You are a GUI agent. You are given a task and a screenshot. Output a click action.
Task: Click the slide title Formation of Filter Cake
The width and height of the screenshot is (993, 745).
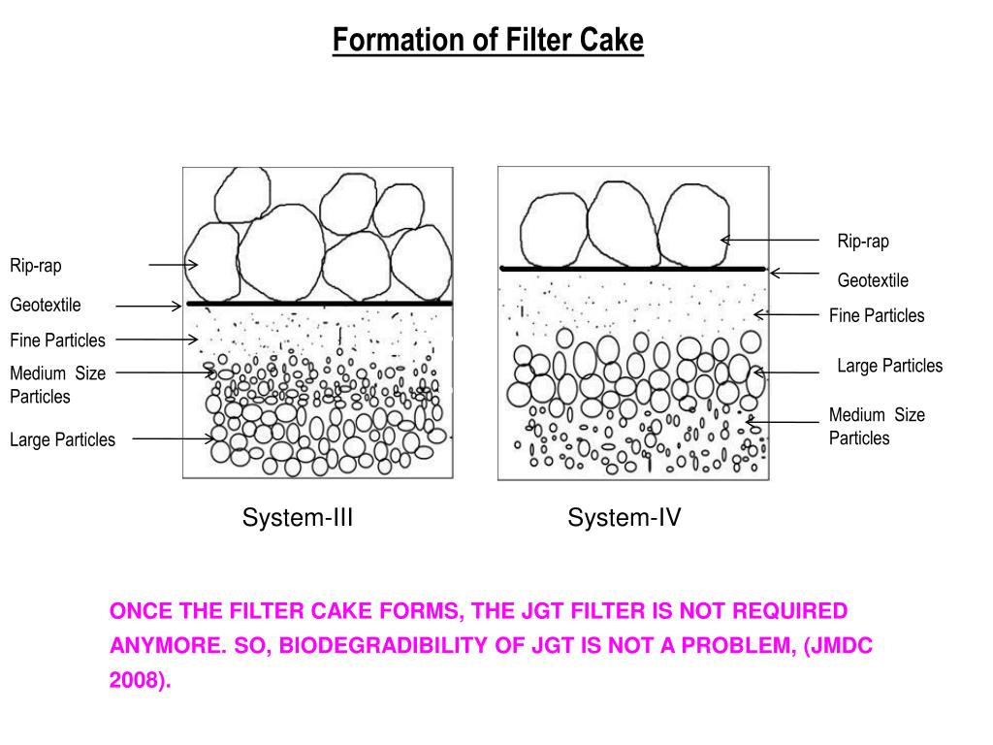coord(488,41)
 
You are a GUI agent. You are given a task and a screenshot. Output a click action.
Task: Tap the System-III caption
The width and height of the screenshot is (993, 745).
coord(297,518)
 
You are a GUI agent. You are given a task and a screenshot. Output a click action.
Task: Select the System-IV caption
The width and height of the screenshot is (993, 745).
coord(625,518)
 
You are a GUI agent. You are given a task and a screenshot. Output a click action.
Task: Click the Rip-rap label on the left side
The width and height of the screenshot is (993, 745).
coord(36,265)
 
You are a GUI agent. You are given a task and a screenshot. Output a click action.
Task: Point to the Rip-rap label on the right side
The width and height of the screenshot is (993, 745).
coord(863,242)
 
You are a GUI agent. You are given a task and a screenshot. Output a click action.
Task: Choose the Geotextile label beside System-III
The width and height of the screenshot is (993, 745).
coord(46,306)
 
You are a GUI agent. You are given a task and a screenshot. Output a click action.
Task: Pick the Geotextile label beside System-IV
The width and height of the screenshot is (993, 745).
coord(873,281)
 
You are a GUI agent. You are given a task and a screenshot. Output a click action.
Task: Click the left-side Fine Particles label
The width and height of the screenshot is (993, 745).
coord(57,340)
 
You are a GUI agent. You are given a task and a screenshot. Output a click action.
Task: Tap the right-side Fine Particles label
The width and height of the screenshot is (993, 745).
coord(877,315)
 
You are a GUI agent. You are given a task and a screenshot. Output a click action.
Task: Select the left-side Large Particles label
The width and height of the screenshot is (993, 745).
coord(62,439)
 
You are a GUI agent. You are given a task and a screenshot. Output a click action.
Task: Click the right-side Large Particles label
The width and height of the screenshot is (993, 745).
coord(889,366)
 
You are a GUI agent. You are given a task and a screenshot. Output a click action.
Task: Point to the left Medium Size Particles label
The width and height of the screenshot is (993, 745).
coord(57,384)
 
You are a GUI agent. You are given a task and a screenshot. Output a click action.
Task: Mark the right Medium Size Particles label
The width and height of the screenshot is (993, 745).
coord(877,427)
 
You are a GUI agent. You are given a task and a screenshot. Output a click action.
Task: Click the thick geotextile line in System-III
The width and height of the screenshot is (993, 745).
coord(319,304)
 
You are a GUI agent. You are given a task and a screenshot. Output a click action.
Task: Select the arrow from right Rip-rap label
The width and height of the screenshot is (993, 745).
coord(770,240)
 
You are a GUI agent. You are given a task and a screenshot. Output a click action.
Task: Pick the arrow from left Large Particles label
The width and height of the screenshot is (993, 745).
coord(174,438)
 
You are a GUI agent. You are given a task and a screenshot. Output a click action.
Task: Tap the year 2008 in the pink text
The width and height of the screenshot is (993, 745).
coord(136,680)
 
